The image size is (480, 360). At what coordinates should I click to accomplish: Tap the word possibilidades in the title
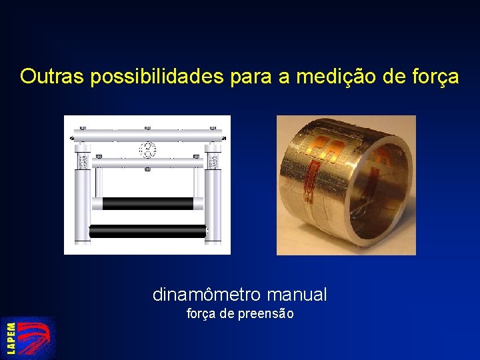click(x=157, y=77)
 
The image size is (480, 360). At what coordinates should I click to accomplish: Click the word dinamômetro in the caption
click(x=207, y=294)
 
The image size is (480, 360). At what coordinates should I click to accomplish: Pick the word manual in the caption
click(x=297, y=294)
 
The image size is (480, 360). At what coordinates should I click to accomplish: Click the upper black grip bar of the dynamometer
click(x=148, y=203)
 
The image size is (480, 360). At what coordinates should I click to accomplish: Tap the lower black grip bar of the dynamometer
click(x=148, y=231)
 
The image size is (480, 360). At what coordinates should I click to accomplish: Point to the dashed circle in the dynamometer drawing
click(x=147, y=149)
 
